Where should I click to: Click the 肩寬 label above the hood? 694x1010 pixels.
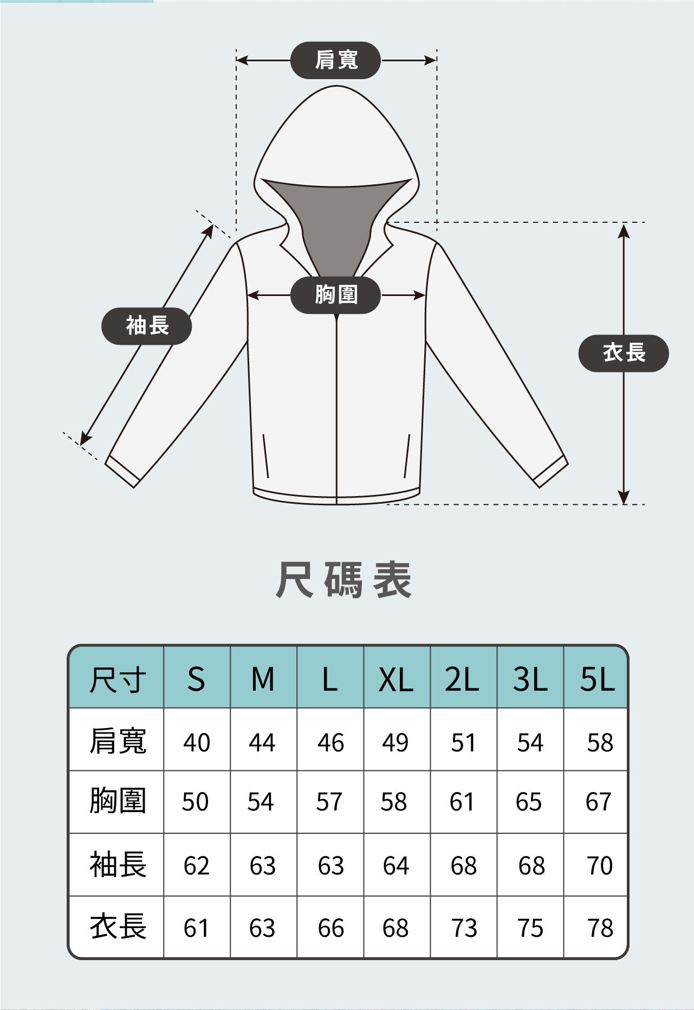pyautogui.click(x=336, y=60)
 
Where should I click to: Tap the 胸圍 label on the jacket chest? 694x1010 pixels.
pyautogui.click(x=336, y=295)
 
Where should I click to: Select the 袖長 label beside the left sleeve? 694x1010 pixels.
pyautogui.click(x=147, y=326)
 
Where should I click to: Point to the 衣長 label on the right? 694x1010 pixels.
pyautogui.click(x=624, y=353)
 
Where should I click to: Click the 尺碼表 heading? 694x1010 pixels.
pyautogui.click(x=344, y=580)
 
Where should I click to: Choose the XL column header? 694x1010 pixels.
pyautogui.click(x=396, y=679)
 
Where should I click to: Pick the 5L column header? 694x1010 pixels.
pyautogui.click(x=597, y=679)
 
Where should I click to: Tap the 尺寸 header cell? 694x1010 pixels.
pyautogui.click(x=118, y=679)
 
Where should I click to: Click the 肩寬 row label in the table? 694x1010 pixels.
pyautogui.click(x=118, y=741)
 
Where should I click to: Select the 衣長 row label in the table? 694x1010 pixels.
pyautogui.click(x=118, y=927)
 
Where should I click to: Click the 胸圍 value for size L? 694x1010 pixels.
pyautogui.click(x=329, y=802)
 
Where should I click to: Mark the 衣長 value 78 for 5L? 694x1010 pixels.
pyautogui.click(x=600, y=928)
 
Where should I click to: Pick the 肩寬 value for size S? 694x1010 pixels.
pyautogui.click(x=196, y=742)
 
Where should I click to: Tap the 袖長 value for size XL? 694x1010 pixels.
pyautogui.click(x=395, y=866)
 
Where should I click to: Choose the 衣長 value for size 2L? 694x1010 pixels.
pyautogui.click(x=464, y=928)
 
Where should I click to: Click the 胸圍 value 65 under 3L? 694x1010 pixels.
pyautogui.click(x=529, y=802)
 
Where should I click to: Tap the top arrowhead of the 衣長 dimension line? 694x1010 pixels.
pyautogui.click(x=624, y=230)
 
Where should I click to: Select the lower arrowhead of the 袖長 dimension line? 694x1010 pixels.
pyautogui.click(x=85, y=439)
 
